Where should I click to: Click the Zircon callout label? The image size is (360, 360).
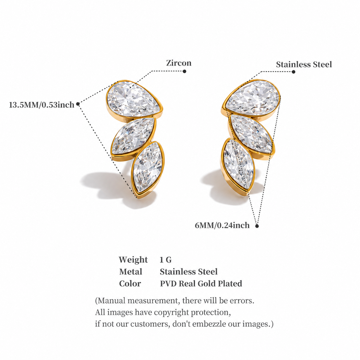click(178, 63)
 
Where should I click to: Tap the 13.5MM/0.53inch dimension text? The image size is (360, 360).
click(42, 105)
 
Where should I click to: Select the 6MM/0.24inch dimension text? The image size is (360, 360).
click(222, 225)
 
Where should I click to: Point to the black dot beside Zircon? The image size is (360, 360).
click(184, 71)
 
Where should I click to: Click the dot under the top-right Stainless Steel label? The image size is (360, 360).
click(293, 72)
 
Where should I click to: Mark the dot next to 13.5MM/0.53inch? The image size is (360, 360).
click(78, 104)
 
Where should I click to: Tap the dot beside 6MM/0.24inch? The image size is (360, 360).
click(257, 226)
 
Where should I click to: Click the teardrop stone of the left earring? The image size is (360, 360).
click(133, 99)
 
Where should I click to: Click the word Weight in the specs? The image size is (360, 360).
click(133, 260)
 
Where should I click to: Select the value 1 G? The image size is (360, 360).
click(166, 260)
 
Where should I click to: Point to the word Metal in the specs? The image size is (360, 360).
click(130, 271)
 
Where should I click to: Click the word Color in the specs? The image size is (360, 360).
click(130, 283)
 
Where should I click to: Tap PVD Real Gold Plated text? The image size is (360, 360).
click(201, 283)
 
